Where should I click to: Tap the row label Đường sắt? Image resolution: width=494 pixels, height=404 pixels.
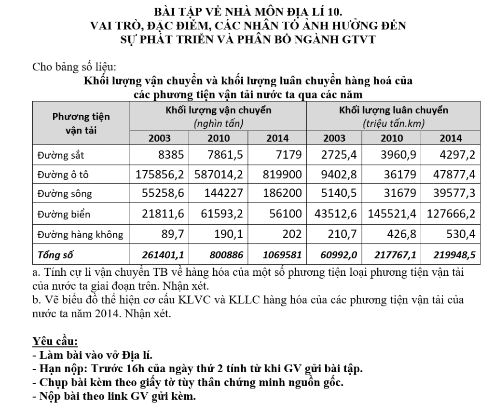[56, 155]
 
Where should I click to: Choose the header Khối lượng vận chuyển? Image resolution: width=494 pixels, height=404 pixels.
[218, 110]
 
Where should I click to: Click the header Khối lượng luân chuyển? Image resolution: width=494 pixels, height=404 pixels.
[393, 110]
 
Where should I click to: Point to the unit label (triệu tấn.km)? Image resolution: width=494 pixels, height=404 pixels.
[393, 124]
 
